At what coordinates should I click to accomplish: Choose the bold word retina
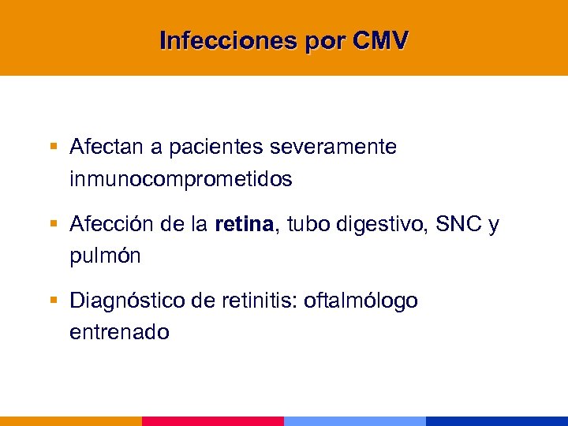coord(243,226)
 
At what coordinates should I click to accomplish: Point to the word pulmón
coord(103,256)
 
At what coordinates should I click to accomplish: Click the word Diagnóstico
coord(120,301)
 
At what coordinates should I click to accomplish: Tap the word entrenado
coord(119,332)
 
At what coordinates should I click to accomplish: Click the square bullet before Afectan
coord(54,148)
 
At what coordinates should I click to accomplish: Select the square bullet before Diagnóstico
coord(54,301)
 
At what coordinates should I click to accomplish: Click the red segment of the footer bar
coord(213,420)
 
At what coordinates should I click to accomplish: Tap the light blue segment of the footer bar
coord(355,420)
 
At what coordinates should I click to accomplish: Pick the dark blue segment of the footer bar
coord(497,420)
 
